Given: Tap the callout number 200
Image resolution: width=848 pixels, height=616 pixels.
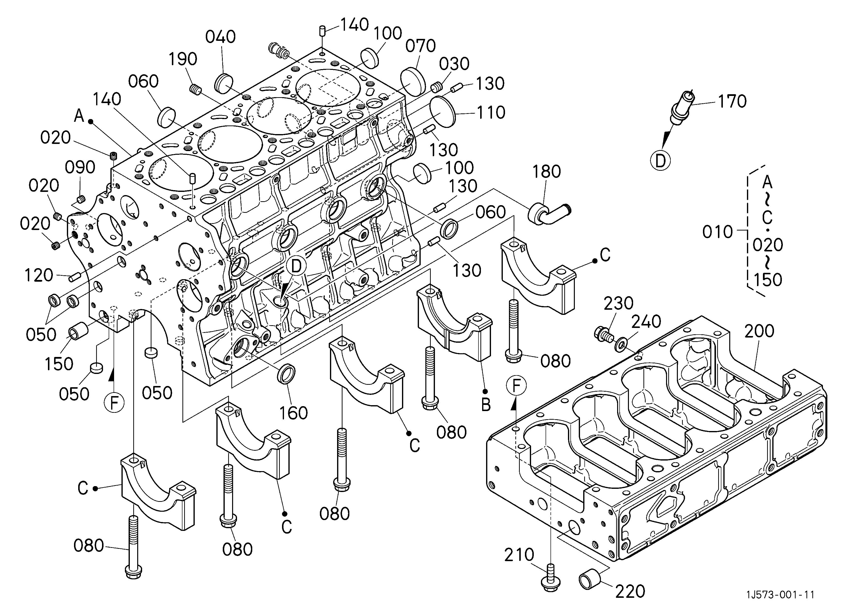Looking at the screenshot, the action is click(x=759, y=331).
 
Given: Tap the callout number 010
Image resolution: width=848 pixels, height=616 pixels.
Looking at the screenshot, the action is click(x=717, y=232).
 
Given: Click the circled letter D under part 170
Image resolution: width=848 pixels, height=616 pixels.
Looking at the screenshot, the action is click(x=661, y=161).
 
